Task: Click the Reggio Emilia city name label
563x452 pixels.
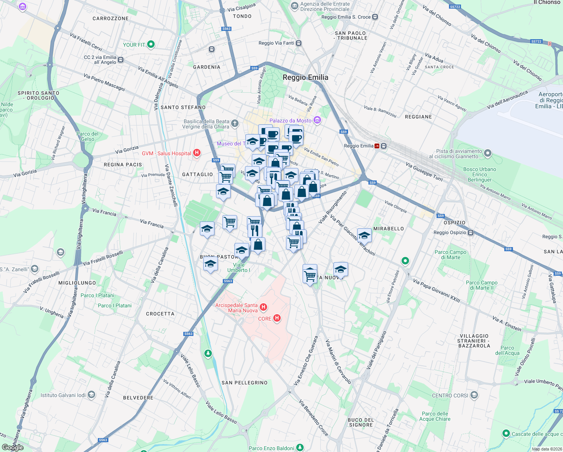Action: click(305, 78)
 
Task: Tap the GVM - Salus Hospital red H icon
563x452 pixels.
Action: click(196, 153)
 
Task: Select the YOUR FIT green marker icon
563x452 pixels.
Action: click(151, 44)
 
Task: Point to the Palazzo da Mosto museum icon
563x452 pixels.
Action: click(317, 120)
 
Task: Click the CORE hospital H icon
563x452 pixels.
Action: click(277, 318)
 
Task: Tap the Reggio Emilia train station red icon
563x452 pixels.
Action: click(377, 146)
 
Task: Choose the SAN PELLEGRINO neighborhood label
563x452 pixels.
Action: click(244, 383)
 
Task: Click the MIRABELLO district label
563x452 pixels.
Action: click(388, 229)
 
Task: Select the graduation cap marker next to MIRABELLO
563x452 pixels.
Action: click(364, 236)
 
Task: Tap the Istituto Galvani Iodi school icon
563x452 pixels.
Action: click(91, 395)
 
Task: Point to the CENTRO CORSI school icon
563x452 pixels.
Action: click(474, 395)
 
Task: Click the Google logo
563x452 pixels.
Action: click(12, 447)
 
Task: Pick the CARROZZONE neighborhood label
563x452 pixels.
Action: click(110, 18)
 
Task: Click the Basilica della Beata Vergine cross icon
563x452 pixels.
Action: click(235, 123)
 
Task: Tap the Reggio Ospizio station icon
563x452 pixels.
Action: click(470, 232)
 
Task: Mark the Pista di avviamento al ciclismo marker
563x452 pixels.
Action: click(488, 153)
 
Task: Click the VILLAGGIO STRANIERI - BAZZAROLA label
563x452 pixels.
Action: click(474, 341)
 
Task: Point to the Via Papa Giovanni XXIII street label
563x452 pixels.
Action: click(437, 290)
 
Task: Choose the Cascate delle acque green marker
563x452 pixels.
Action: click(506, 434)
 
